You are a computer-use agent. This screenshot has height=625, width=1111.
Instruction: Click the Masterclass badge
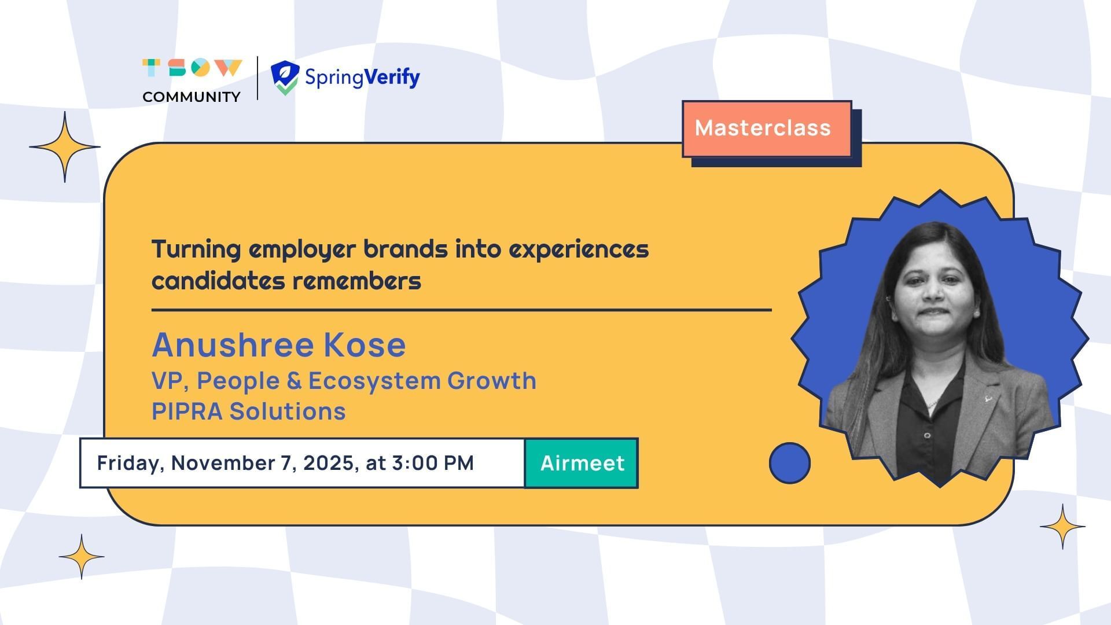click(767, 129)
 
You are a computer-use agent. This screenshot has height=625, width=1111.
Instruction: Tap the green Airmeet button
click(582, 463)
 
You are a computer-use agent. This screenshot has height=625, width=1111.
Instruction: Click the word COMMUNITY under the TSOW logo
click(192, 97)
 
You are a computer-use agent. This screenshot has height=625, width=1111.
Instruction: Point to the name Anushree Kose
click(279, 345)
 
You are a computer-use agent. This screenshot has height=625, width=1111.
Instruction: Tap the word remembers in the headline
click(356, 281)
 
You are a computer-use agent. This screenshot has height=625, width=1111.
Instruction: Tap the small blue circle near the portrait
click(790, 463)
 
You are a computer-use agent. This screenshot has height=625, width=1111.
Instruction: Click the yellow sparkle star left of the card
click(65, 147)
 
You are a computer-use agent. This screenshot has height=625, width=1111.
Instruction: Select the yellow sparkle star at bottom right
click(1062, 527)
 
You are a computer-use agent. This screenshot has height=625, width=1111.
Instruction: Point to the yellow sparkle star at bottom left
click(82, 557)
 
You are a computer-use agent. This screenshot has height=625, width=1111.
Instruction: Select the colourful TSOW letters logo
click(192, 68)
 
